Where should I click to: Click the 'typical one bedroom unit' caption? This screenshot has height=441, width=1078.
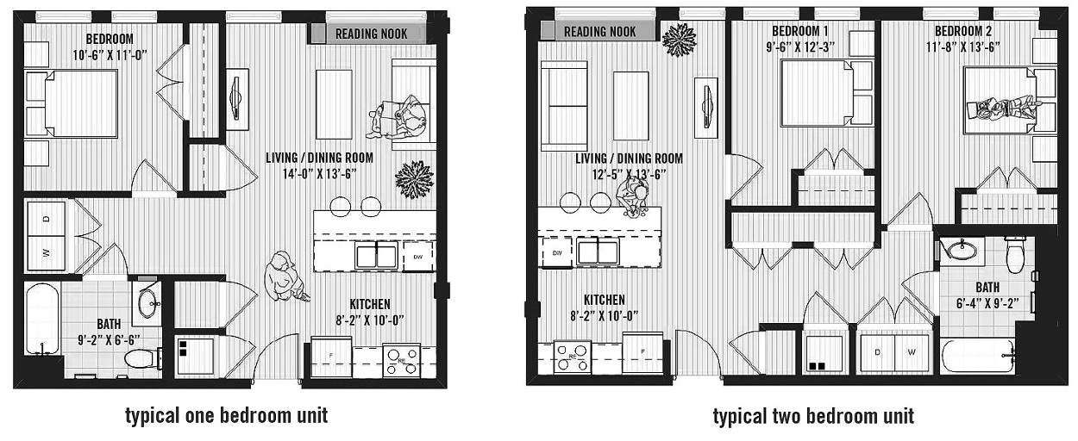click(226, 416)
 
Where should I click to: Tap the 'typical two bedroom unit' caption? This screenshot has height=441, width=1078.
click(812, 417)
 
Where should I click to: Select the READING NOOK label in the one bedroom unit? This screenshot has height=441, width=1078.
click(367, 34)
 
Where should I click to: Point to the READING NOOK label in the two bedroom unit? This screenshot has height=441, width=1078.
click(599, 32)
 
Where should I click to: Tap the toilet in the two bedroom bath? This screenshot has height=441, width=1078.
click(1015, 253)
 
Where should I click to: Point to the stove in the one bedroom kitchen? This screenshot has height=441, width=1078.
click(401, 359)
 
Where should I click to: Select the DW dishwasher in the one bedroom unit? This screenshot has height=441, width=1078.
click(418, 256)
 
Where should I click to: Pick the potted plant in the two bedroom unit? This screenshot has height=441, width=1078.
click(680, 39)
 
